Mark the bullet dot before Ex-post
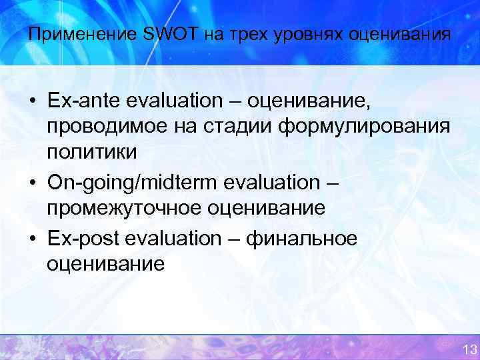pyautogui.click(x=32, y=239)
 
